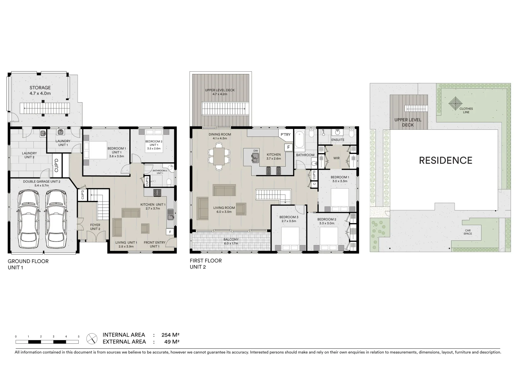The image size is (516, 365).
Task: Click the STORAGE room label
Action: (40, 88)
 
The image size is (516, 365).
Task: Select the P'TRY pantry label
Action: (285, 135)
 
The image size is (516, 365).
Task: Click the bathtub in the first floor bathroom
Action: (300, 141)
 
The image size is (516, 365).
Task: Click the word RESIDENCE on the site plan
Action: (445, 160)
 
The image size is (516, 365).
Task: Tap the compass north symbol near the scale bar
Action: (92, 338)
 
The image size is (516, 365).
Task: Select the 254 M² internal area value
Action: (170, 335)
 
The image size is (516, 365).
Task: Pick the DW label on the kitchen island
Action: (256, 151)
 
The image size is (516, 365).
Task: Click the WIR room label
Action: (336, 158)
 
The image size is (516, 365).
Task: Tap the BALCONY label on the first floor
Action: (231, 240)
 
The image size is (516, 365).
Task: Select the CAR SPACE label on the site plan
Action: (468, 232)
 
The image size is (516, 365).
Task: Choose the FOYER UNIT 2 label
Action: (95, 227)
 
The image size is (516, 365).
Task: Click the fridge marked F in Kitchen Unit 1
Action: (170, 232)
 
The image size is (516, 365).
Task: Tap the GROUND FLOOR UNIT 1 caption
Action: (28, 264)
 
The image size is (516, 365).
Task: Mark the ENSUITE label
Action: (338, 140)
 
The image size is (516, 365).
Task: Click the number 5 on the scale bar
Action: (78, 337)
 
